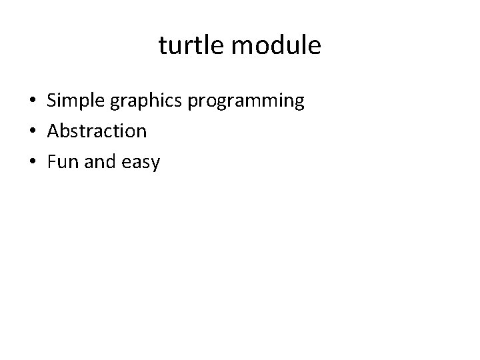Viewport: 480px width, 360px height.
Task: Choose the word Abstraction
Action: (x=97, y=131)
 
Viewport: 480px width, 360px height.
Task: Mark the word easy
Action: (x=141, y=162)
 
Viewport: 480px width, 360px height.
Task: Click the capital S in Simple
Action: (x=51, y=101)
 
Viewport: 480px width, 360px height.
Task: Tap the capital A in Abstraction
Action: (x=53, y=131)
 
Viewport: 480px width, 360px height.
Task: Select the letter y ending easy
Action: (x=156, y=163)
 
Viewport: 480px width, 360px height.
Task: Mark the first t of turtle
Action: (x=163, y=46)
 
